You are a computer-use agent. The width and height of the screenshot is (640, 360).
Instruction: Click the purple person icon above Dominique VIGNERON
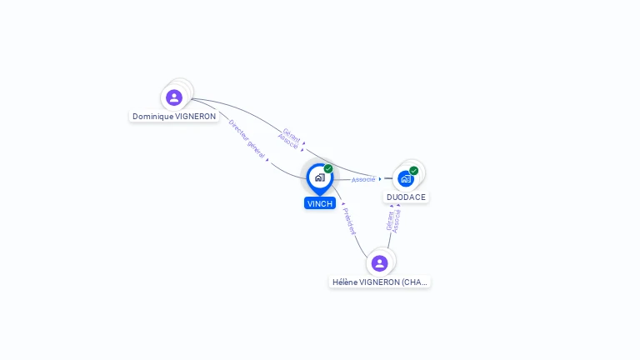(x=174, y=97)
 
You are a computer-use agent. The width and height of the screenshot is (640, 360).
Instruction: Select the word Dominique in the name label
(x=153, y=117)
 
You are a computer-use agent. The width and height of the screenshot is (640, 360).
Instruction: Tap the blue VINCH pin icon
(x=319, y=177)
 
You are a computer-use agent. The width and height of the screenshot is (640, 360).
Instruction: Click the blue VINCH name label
(x=320, y=203)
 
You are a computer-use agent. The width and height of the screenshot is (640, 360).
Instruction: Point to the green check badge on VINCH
(x=328, y=169)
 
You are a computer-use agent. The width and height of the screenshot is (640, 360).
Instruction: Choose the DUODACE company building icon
(x=406, y=178)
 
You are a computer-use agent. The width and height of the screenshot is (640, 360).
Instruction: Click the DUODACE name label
(x=406, y=197)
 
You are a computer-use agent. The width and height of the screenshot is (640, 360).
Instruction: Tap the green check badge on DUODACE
(x=414, y=171)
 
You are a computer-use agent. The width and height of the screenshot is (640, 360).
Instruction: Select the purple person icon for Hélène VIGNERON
(x=380, y=263)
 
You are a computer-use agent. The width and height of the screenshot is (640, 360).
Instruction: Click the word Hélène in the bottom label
(x=345, y=282)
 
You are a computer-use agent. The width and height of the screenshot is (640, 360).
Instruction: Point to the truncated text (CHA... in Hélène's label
(x=414, y=282)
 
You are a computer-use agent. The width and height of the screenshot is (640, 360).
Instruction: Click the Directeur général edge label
(x=247, y=139)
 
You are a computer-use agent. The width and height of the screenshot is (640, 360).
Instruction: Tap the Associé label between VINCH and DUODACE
(x=363, y=179)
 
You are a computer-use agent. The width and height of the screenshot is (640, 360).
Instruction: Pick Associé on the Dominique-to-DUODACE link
(x=287, y=141)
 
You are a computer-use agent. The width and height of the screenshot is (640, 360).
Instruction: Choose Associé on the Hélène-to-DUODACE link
(x=397, y=220)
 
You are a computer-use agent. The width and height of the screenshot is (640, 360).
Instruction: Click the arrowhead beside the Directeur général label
(x=267, y=159)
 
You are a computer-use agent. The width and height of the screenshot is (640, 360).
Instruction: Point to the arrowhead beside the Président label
(x=342, y=203)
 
